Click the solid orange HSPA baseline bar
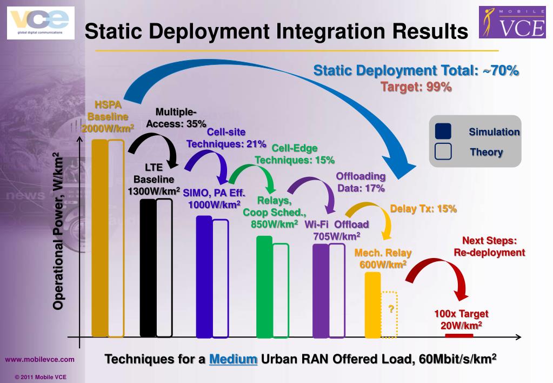99,238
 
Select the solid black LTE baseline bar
148,268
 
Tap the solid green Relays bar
264,287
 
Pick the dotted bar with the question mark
389,314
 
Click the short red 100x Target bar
458,335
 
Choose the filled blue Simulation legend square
443,132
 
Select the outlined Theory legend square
443,152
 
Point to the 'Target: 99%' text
416,87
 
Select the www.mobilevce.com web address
40,359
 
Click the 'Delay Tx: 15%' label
423,208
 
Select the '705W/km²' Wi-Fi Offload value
336,236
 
